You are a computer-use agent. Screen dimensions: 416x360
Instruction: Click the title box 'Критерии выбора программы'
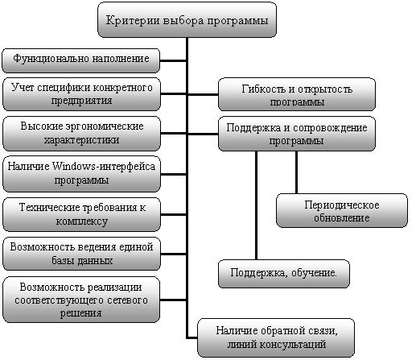pyautogui.click(x=187, y=20)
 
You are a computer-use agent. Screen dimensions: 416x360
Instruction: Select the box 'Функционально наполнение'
pyautogui.click(x=81, y=60)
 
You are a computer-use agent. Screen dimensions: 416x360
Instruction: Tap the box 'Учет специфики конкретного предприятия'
pyautogui.click(x=81, y=94)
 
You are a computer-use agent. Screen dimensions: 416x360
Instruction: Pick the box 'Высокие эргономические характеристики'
pyautogui.click(x=81, y=134)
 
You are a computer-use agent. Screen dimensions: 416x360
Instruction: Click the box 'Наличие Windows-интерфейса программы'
pyautogui.click(x=81, y=174)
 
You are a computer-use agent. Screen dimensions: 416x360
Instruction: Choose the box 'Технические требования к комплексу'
pyautogui.click(x=81, y=214)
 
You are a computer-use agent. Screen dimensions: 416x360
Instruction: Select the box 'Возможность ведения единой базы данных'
pyautogui.click(x=81, y=254)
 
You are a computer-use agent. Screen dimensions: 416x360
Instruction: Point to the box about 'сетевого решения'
pyautogui.click(x=81, y=300)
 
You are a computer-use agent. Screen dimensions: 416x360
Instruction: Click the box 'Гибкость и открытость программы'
pyautogui.click(x=297, y=94)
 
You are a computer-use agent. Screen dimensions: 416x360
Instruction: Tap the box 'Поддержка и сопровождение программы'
pyautogui.click(x=297, y=134)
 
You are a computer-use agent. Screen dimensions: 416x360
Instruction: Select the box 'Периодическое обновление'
pyautogui.click(x=342, y=210)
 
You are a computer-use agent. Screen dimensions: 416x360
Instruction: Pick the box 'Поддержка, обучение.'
pyautogui.click(x=284, y=274)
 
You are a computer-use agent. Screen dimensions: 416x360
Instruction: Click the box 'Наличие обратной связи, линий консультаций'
pyautogui.click(x=276, y=337)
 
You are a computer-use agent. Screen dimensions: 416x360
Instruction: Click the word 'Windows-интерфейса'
pyautogui.click(x=104, y=167)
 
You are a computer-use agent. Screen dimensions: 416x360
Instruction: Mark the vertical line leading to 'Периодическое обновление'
pyautogui.click(x=296, y=172)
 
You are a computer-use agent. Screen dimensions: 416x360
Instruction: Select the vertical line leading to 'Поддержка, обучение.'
pyautogui.click(x=256, y=205)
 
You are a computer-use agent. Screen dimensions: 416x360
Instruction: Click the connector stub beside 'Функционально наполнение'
pyautogui.click(x=173, y=60)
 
